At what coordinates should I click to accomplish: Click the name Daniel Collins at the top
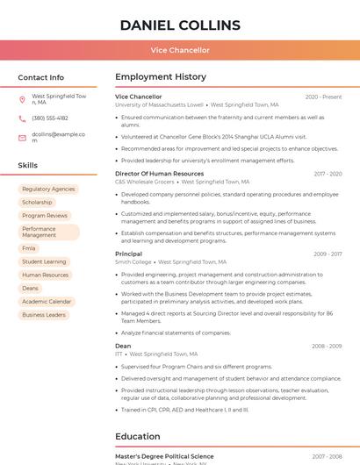click(180, 25)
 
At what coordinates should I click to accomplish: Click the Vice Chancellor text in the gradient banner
click(180, 50)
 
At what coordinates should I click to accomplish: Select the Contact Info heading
click(40, 77)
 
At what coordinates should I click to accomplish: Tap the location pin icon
click(22, 99)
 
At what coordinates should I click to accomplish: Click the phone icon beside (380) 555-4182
click(22, 118)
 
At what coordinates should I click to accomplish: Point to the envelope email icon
click(22, 138)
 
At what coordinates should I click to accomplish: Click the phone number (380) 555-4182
click(50, 118)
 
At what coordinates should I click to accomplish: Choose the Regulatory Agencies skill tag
click(48, 189)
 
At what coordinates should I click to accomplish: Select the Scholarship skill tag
click(37, 202)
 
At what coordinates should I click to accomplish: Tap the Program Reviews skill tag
click(45, 215)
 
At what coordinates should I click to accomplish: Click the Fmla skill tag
click(29, 248)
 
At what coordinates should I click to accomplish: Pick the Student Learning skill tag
click(44, 261)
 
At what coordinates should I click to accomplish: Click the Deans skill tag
click(30, 288)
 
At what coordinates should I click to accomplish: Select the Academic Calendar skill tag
click(47, 301)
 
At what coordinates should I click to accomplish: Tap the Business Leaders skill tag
click(44, 314)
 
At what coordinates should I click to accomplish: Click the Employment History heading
click(161, 77)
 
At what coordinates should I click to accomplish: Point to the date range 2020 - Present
click(323, 97)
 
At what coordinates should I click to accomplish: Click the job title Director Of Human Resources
click(159, 174)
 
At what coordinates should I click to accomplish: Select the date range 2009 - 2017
click(328, 254)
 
